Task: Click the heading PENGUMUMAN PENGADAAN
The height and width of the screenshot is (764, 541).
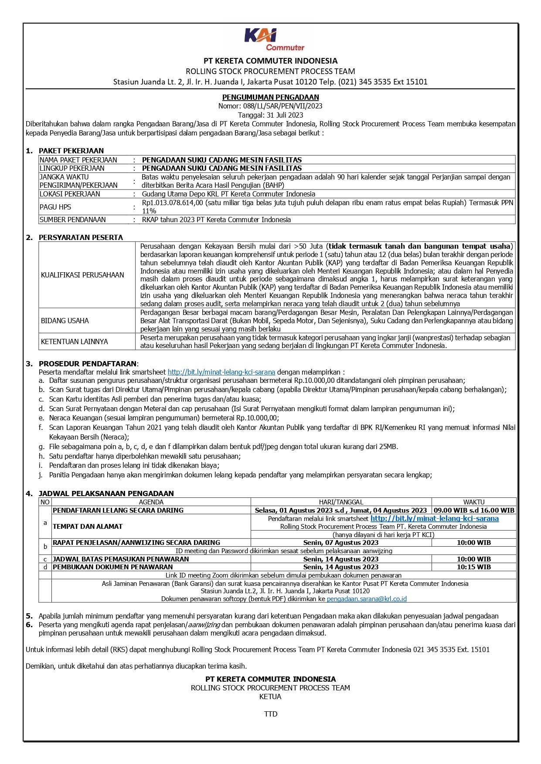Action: tap(270, 97)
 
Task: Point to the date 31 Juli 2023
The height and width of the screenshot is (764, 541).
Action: tap(283, 115)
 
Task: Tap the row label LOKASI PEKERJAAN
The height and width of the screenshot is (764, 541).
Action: tap(70, 194)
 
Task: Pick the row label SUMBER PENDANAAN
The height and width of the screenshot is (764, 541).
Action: tap(72, 220)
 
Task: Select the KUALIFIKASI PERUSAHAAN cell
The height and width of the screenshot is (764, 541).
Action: tap(82, 275)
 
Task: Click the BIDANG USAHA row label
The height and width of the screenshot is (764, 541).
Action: tap(65, 321)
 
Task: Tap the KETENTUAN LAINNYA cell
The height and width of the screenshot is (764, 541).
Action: tap(74, 341)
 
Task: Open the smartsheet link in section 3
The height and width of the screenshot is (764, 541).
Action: tap(221, 372)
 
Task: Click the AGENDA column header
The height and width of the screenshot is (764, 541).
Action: tap(151, 502)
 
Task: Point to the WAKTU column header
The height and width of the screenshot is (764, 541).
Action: tap(473, 502)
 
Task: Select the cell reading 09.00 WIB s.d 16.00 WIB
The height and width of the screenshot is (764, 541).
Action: tap(474, 510)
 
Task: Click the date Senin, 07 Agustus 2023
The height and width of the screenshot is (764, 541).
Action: tap(340, 543)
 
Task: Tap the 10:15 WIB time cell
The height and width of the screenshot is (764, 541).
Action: tap(473, 567)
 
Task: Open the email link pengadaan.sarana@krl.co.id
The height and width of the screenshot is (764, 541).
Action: tap(367, 599)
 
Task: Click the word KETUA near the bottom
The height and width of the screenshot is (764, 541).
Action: tap(270, 696)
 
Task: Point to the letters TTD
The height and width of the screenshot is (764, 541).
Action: tap(271, 714)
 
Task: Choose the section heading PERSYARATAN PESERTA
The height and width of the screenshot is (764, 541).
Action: tap(81, 237)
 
